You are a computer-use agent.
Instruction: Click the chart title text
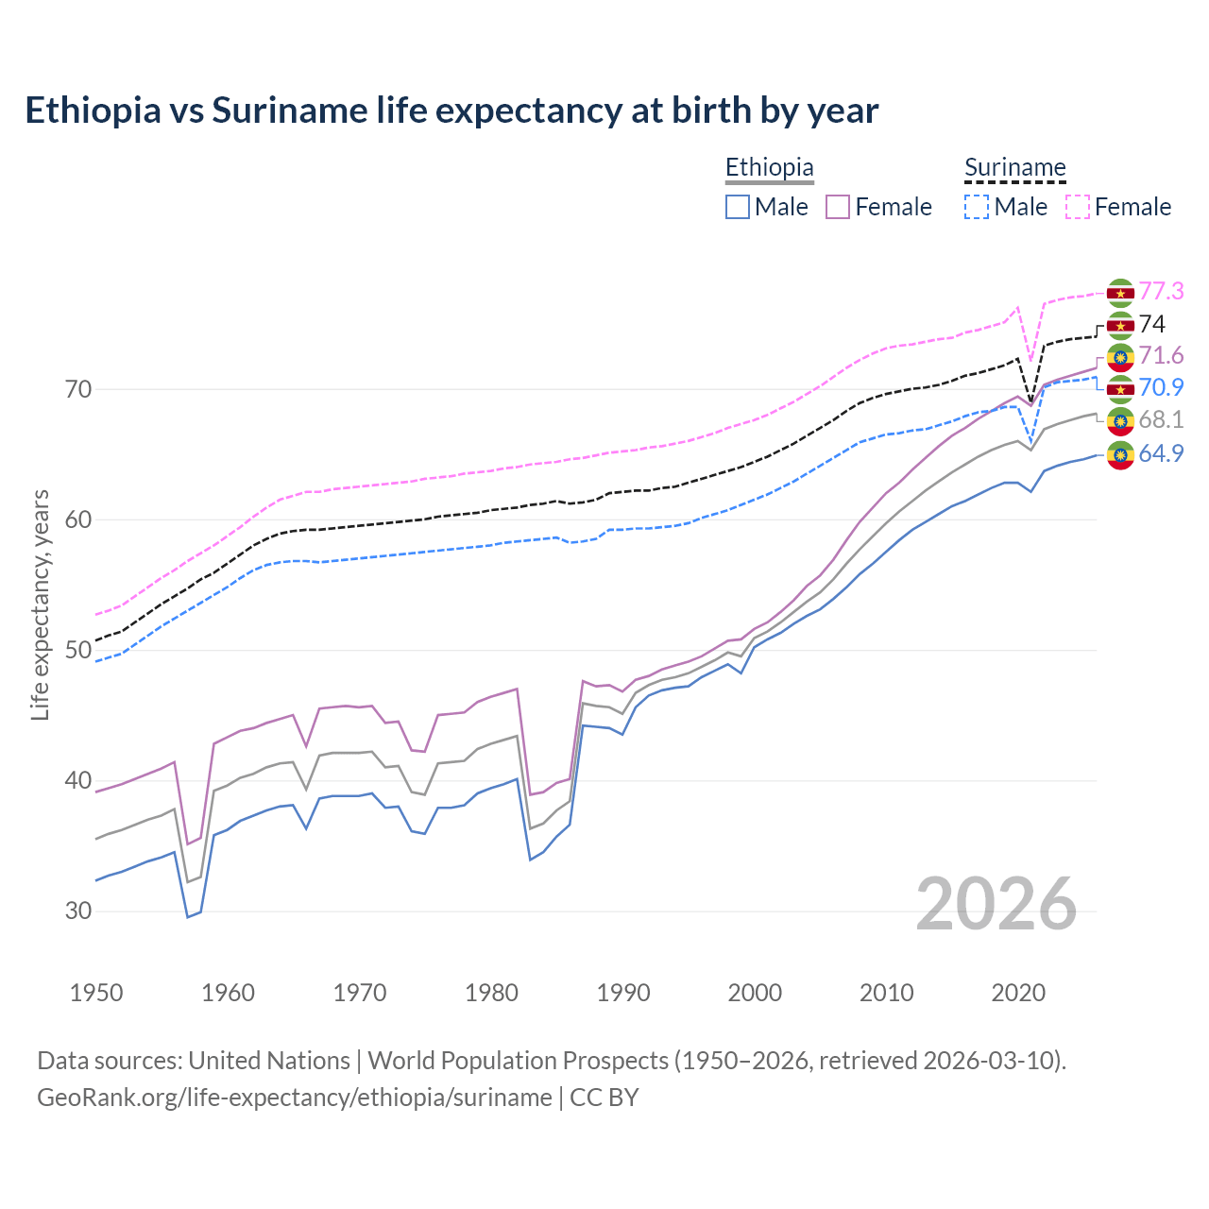click(451, 111)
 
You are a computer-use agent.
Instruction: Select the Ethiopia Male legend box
click(738, 207)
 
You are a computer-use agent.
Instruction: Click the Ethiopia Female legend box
click(838, 207)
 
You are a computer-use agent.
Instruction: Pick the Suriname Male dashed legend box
click(977, 207)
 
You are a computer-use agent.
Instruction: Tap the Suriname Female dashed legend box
click(1078, 207)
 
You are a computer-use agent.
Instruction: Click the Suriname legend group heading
click(1014, 168)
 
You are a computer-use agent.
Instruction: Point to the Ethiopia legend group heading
click(769, 168)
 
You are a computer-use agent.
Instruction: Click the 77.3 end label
click(1161, 291)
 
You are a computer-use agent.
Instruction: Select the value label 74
click(1152, 324)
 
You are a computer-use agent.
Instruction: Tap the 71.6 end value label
click(1161, 355)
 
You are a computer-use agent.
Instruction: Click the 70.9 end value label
click(1161, 387)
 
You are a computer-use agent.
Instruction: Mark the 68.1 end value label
click(1161, 419)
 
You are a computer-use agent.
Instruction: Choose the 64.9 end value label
click(1161, 453)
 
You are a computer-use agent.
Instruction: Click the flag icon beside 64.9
click(1120, 454)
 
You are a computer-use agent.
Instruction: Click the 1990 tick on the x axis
click(623, 993)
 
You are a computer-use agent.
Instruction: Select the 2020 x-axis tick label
click(1018, 993)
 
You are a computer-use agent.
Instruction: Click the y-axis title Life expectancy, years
click(41, 604)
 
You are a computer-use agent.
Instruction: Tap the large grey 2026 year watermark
click(996, 904)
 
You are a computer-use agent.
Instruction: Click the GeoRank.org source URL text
click(295, 1098)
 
